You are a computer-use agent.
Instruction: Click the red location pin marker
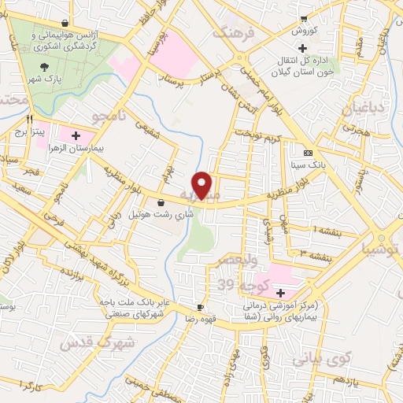pos(203,185)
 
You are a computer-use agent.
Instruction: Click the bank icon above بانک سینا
pos(307,153)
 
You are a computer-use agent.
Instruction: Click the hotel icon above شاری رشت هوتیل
pos(161,202)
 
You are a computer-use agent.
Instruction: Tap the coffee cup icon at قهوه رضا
pos(200,307)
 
